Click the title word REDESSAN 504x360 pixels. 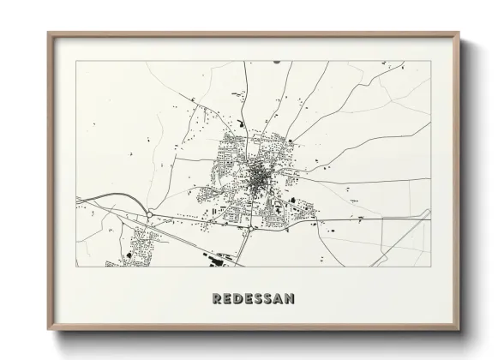point(252,298)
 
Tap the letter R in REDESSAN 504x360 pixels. point(214,298)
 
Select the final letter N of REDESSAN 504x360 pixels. point(290,298)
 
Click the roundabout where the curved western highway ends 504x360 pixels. point(149,213)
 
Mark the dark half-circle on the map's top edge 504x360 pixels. point(275,63)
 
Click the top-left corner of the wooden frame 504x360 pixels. point(48,33)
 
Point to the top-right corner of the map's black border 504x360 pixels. point(430,62)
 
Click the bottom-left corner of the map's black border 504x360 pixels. point(77,266)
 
